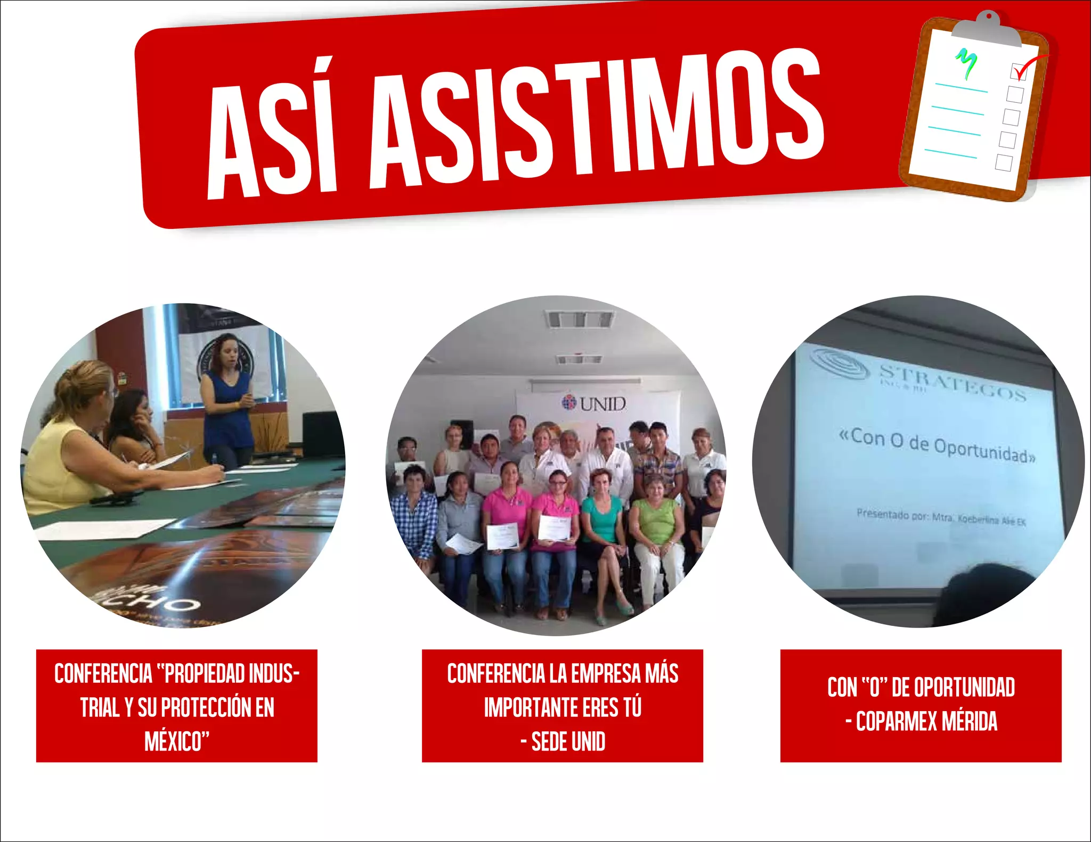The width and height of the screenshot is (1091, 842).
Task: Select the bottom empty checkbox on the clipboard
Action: pyautogui.click(x=1004, y=162)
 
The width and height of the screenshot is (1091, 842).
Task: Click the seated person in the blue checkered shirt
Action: pyautogui.click(x=414, y=516)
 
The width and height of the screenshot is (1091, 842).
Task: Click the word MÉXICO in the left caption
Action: pyautogui.click(x=176, y=741)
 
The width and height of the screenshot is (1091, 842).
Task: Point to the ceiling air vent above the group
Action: pyautogui.click(x=579, y=319)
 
